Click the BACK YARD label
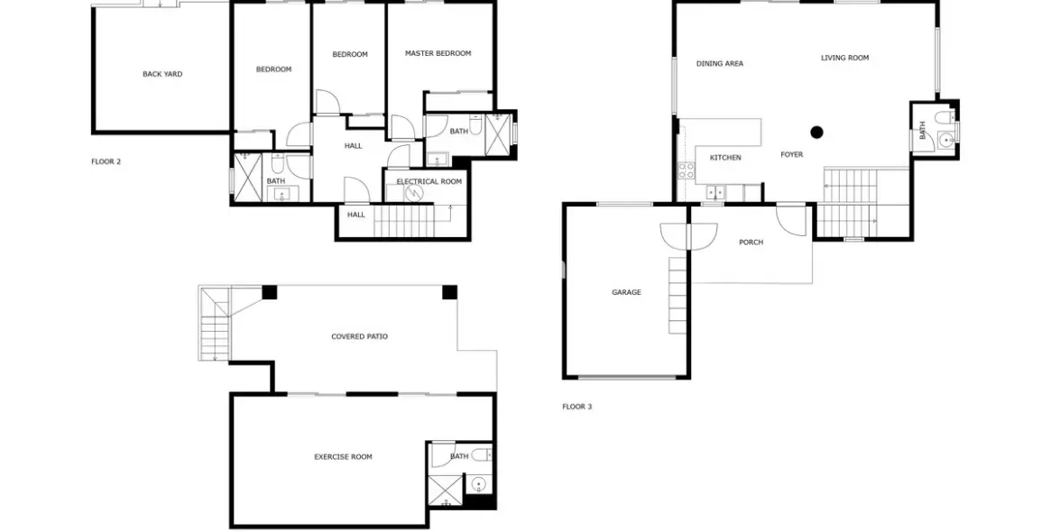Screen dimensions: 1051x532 (162, 74)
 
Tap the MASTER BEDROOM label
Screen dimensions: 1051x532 (438, 53)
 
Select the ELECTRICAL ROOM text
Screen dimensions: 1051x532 (429, 181)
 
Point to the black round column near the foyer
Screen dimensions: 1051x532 (816, 132)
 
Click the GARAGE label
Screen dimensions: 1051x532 (626, 292)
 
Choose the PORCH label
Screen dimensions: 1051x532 (751, 243)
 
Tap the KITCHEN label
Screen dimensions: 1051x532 (725, 158)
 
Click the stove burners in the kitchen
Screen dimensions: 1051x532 (686, 170)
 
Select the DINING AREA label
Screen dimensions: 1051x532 (719, 64)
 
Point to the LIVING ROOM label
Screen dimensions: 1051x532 (844, 59)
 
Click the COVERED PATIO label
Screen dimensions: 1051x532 (359, 337)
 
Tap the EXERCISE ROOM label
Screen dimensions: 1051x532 (343, 458)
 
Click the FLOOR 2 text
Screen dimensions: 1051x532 (106, 161)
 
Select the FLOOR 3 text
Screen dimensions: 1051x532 (577, 407)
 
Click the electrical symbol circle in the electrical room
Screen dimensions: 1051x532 (414, 193)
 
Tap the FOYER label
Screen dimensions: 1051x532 (791, 155)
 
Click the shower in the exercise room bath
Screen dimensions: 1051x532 (445, 491)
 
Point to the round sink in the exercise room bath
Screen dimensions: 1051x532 (478, 483)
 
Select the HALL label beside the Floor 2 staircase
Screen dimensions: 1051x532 (356, 216)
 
